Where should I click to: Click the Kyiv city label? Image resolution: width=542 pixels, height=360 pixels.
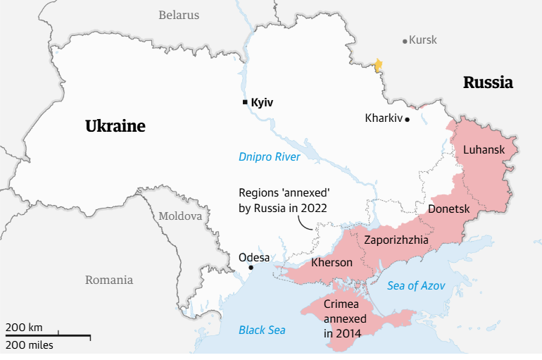click(x=262, y=103)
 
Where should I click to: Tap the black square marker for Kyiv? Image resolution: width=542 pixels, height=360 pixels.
click(x=244, y=103)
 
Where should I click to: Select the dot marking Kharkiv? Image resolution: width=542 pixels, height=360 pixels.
click(x=407, y=120)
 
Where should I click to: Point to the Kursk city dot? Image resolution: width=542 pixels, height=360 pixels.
click(x=405, y=41)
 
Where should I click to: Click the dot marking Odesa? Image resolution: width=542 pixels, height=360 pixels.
click(x=251, y=268)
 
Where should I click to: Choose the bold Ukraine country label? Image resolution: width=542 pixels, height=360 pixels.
click(x=115, y=126)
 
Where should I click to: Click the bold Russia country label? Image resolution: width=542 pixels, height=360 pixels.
click(x=488, y=82)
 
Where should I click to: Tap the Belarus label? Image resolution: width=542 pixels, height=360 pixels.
click(x=179, y=15)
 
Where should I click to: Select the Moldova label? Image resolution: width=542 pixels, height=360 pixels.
click(x=180, y=216)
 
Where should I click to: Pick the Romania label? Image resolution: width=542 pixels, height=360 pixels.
click(x=109, y=280)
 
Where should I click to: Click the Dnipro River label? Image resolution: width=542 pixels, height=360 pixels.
click(x=270, y=156)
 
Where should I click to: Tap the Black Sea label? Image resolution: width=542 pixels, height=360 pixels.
click(x=262, y=329)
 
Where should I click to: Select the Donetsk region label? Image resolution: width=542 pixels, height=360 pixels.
click(x=448, y=209)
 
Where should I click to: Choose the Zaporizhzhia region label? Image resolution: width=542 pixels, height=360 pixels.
click(x=396, y=240)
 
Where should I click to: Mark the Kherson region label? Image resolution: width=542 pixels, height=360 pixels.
click(x=332, y=262)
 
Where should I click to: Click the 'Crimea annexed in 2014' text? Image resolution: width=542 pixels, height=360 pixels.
click(x=341, y=318)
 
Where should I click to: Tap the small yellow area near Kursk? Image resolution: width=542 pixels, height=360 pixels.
click(x=378, y=66)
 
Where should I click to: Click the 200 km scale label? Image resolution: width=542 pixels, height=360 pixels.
click(x=24, y=327)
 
